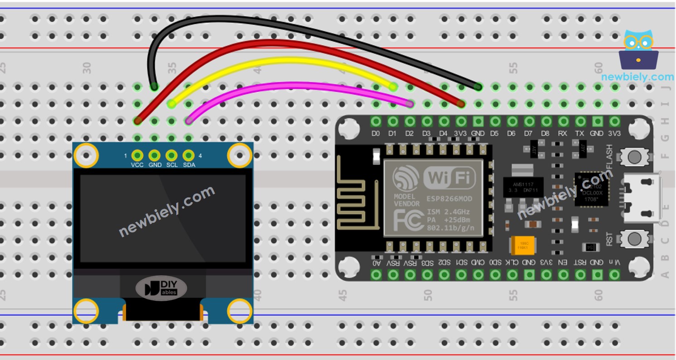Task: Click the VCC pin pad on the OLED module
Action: pyautogui.click(x=137, y=155)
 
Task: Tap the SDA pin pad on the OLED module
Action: pyautogui.click(x=188, y=155)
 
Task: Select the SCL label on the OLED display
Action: pyautogui.click(x=172, y=165)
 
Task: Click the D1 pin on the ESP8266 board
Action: pyautogui.click(x=393, y=121)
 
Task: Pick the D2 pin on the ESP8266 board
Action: pyautogui.click(x=410, y=121)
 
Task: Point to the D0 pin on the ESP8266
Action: pyautogui.click(x=376, y=121)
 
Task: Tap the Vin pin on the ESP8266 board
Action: pyautogui.click(x=614, y=274)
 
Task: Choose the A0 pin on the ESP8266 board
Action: pyautogui.click(x=376, y=274)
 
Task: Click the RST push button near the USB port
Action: pyautogui.click(x=634, y=238)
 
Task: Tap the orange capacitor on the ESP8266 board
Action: pyautogui.click(x=522, y=245)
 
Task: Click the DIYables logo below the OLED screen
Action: pyautogui.click(x=161, y=288)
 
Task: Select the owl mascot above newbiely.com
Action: pyautogui.click(x=638, y=50)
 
